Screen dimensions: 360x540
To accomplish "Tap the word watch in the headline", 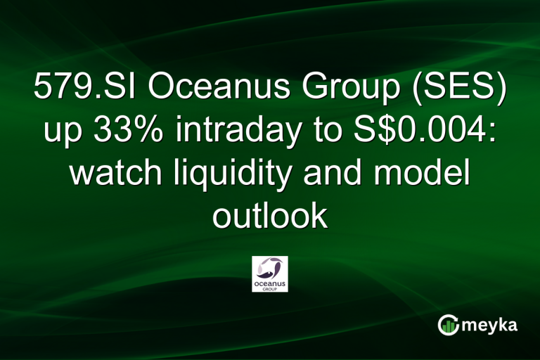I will point(115,174).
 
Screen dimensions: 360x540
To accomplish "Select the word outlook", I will point(270,216).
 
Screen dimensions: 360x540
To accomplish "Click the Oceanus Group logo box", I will point(269,274).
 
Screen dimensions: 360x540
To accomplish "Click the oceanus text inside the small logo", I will point(269,282).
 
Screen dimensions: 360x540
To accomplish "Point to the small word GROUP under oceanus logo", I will point(269,288).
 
